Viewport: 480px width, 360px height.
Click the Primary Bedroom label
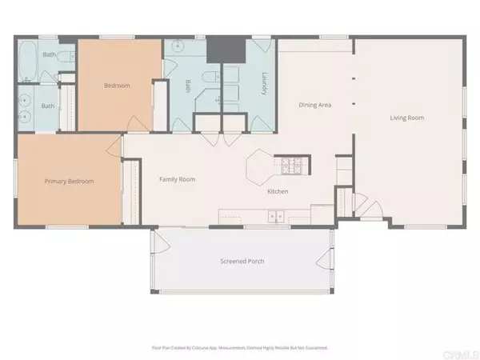coord(69,182)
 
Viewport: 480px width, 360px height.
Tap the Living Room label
coord(406,118)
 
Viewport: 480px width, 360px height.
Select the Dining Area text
coord(315,105)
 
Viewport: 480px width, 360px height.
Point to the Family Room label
coord(178,179)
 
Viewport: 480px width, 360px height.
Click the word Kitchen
coord(278,192)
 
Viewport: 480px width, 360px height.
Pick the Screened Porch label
coord(242,262)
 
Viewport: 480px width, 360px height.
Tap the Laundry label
coord(263,84)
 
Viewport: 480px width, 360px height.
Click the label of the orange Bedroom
coord(117,86)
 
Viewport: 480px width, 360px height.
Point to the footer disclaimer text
coord(240,348)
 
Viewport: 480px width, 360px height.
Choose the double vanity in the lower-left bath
coord(26,108)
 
